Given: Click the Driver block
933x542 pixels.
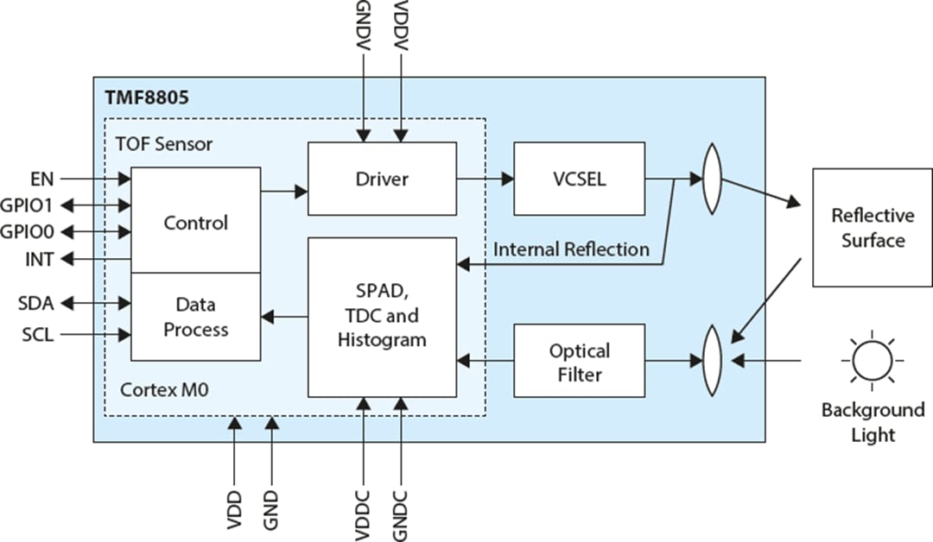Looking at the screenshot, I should coord(382,179).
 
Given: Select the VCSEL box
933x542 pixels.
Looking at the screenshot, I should coord(578,179).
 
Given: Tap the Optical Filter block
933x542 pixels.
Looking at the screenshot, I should coord(578,362).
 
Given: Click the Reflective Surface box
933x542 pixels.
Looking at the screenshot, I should coord(872,227).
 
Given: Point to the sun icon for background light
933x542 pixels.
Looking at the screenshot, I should coord(871,360).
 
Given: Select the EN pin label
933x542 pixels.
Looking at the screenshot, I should coord(41,180).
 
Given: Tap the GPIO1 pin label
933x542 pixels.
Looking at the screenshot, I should coord(28,205).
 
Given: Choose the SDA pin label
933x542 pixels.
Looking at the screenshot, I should coord(35,303).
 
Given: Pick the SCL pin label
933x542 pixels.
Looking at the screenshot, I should coord(37,334).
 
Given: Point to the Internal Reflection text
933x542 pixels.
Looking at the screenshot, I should coord(571,249).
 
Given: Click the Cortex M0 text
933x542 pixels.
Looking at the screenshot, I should coord(163,390).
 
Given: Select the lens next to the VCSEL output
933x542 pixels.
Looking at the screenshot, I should coord(711,179).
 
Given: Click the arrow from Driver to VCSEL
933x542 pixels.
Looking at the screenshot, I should coord(485,179).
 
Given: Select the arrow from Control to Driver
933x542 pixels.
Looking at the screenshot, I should coord(284,190).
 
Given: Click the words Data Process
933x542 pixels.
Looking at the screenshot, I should coord(195,317).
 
